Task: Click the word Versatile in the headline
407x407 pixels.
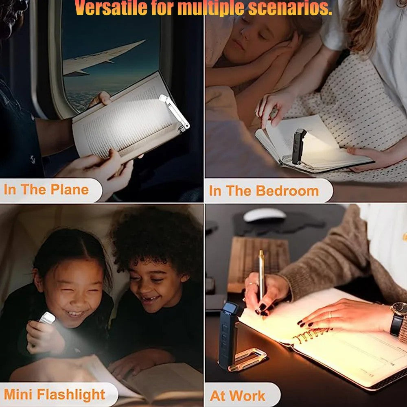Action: pyautogui.click(x=111, y=7)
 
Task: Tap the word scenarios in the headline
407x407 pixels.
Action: pyautogui.click(x=290, y=8)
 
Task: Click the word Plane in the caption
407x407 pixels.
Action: pyautogui.click(x=70, y=190)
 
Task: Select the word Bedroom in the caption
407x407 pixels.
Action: pyautogui.click(x=287, y=191)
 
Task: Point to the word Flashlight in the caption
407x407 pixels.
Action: pyautogui.click(x=71, y=394)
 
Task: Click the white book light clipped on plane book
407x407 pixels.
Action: pyautogui.click(x=175, y=113)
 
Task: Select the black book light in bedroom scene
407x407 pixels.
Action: pyautogui.click(x=298, y=147)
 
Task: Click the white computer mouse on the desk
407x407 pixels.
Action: pyautogui.click(x=265, y=215)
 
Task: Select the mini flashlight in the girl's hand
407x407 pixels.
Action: pyautogui.click(x=47, y=318)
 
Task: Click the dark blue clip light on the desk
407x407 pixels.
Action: pyautogui.click(x=229, y=335)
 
